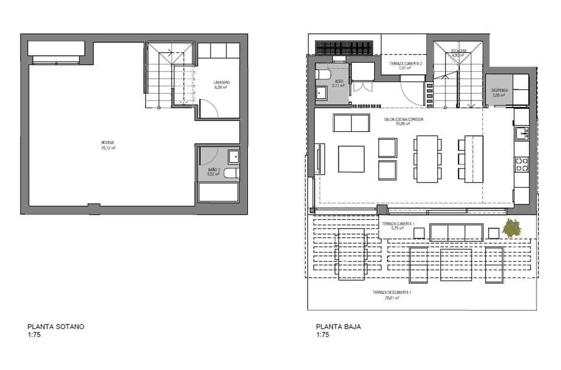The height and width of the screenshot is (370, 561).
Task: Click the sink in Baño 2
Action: point(234,157)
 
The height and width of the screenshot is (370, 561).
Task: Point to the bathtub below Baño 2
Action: point(218,192)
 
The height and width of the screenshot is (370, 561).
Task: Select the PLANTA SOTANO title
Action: point(56,326)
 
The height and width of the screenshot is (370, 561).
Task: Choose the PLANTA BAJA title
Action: point(338,326)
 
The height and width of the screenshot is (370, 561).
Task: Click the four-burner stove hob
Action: point(522,164)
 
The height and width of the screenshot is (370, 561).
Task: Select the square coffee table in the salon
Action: point(351,159)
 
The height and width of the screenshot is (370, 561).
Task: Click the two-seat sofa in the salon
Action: point(351,123)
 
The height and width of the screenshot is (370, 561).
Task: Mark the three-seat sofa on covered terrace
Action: point(456,232)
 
